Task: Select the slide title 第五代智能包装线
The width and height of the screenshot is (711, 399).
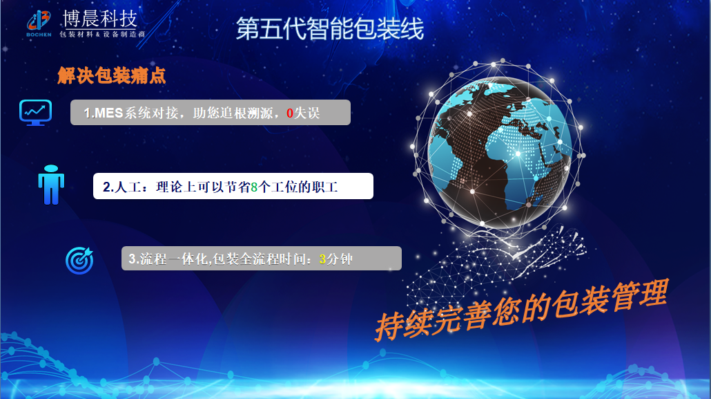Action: (329, 28)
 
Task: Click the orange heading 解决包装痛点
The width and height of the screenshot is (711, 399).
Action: (111, 75)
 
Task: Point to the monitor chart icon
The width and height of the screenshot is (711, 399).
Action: (35, 111)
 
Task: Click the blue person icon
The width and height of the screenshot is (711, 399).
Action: (50, 185)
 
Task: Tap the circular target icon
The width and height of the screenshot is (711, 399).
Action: (79, 260)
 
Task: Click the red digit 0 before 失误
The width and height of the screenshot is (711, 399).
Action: (290, 113)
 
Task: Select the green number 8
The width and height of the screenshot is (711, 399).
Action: (254, 187)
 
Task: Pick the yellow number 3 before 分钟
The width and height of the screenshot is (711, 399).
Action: (322, 260)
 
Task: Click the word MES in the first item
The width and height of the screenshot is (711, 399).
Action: (109, 113)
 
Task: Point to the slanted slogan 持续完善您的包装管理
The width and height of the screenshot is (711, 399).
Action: (521, 310)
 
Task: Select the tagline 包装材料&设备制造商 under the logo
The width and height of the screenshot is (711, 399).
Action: (102, 34)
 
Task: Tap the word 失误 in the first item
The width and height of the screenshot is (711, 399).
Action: (307, 113)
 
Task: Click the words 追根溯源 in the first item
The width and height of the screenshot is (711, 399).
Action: (249, 113)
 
